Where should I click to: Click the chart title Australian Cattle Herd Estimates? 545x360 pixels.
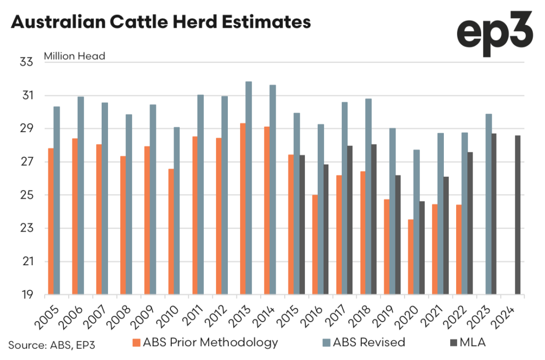[x=160, y=22]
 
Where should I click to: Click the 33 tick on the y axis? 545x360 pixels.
[x=27, y=62]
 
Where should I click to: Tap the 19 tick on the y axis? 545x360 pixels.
[x=27, y=295]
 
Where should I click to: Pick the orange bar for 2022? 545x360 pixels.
[x=459, y=250]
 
